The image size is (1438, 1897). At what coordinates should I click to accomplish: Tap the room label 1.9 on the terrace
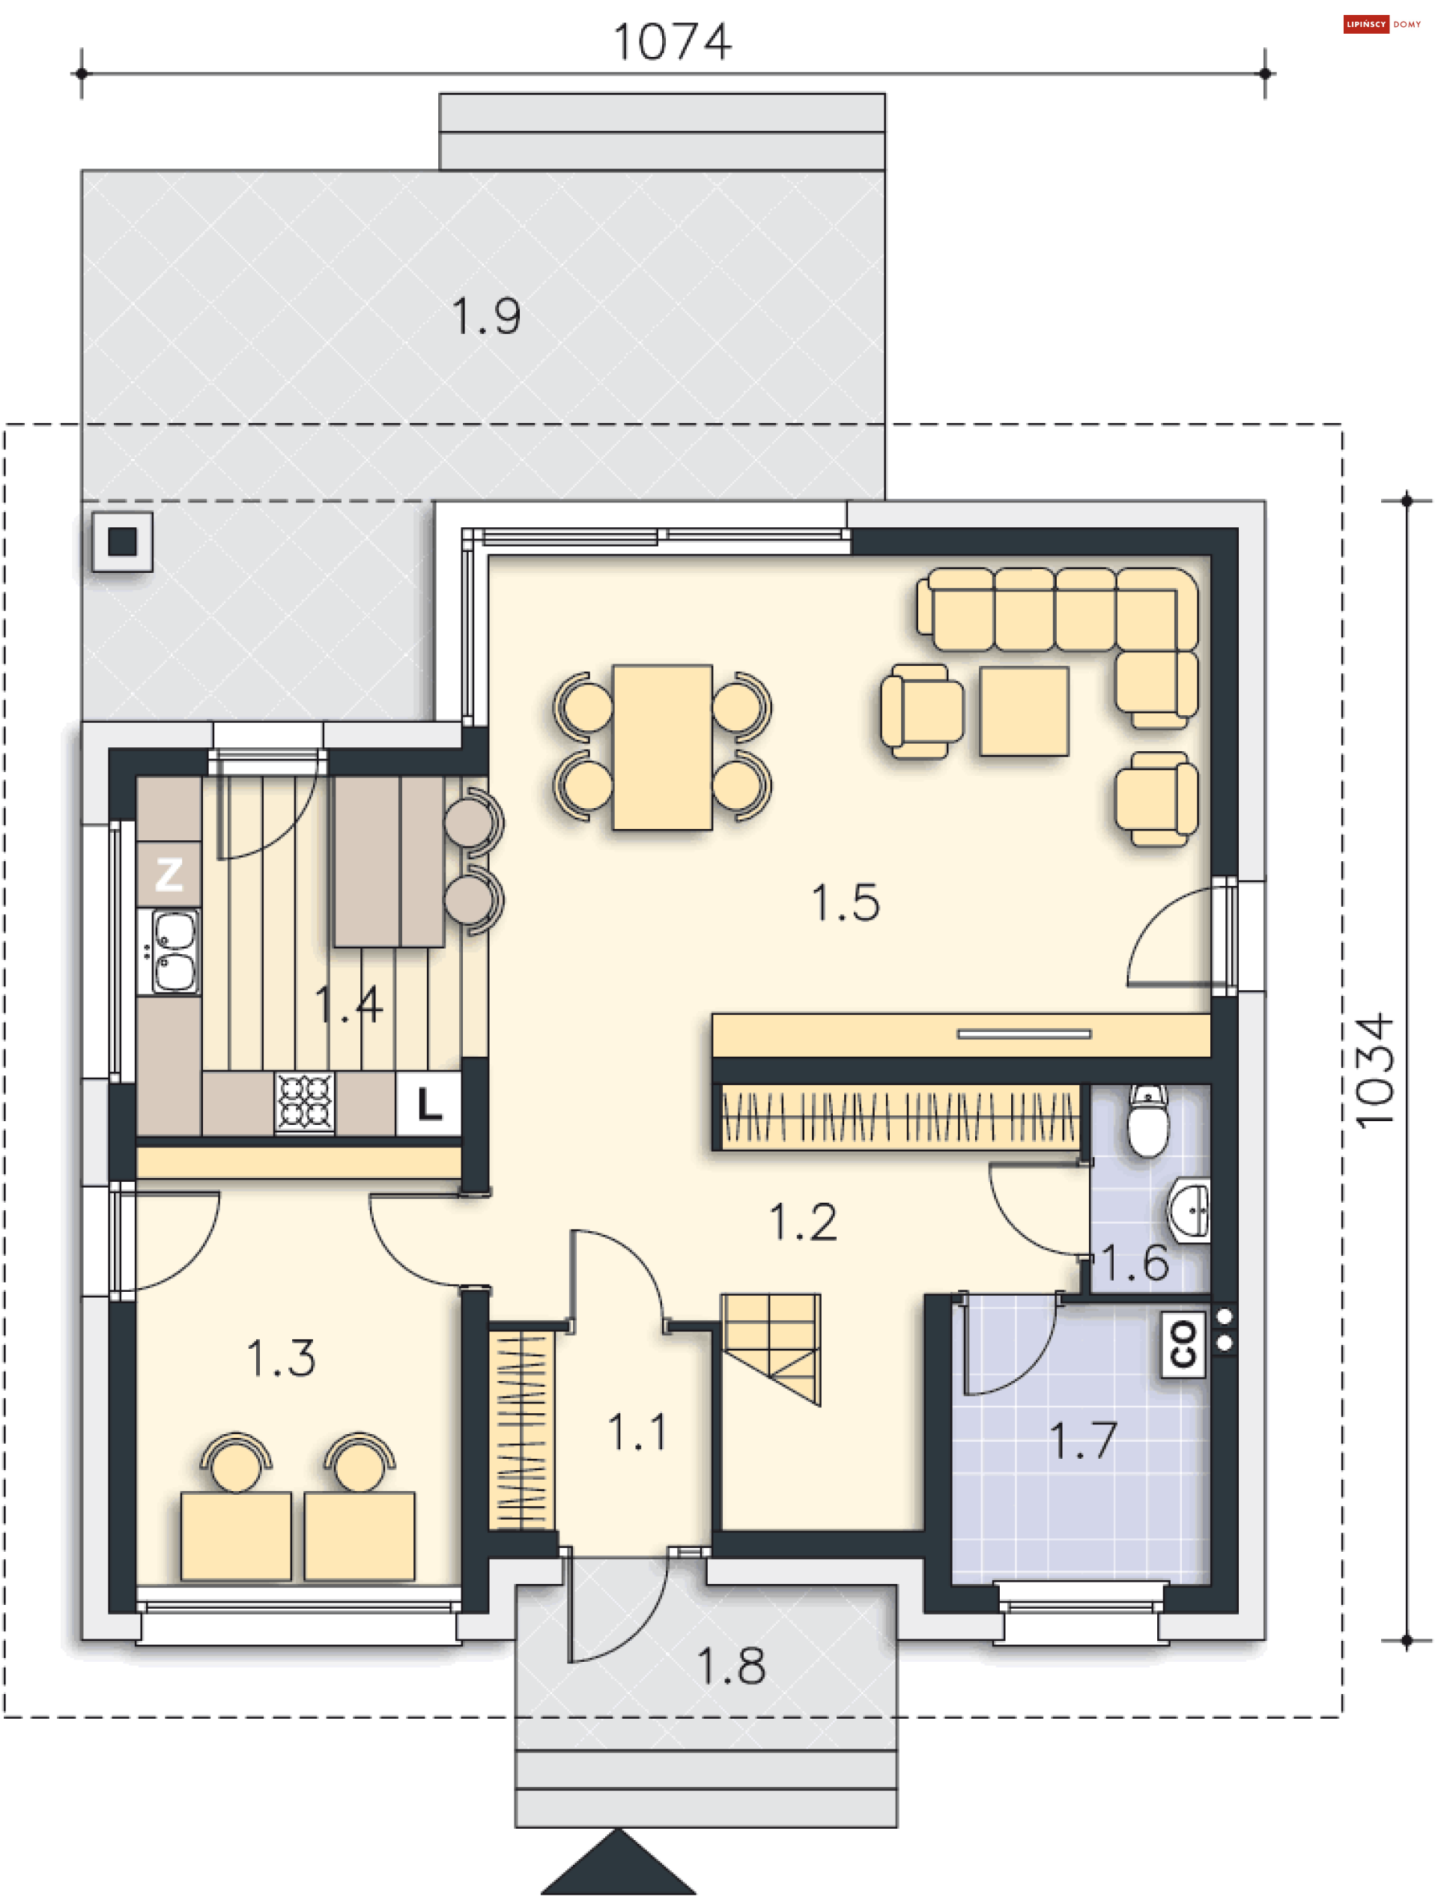click(x=485, y=317)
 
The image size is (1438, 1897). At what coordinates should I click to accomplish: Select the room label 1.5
click(x=846, y=903)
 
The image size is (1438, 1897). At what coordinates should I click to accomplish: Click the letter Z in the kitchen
click(x=169, y=874)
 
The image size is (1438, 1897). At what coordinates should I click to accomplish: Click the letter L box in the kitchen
click(x=428, y=1104)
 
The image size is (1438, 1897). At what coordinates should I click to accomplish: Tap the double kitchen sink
click(x=174, y=951)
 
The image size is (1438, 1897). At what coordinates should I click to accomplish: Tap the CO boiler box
click(x=1183, y=1343)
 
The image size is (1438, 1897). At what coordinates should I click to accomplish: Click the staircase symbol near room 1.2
click(x=771, y=1347)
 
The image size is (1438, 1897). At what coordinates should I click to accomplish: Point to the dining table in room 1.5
click(x=662, y=747)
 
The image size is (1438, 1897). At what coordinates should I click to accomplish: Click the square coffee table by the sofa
click(x=1024, y=711)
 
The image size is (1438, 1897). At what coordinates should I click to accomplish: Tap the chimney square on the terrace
click(x=123, y=541)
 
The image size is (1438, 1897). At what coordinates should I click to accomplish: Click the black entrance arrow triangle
click(x=617, y=1866)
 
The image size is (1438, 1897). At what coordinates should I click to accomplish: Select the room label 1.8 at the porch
click(x=730, y=1666)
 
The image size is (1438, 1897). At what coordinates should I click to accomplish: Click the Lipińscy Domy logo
click(x=1381, y=24)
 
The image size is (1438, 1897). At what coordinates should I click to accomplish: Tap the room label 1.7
click(x=1083, y=1440)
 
